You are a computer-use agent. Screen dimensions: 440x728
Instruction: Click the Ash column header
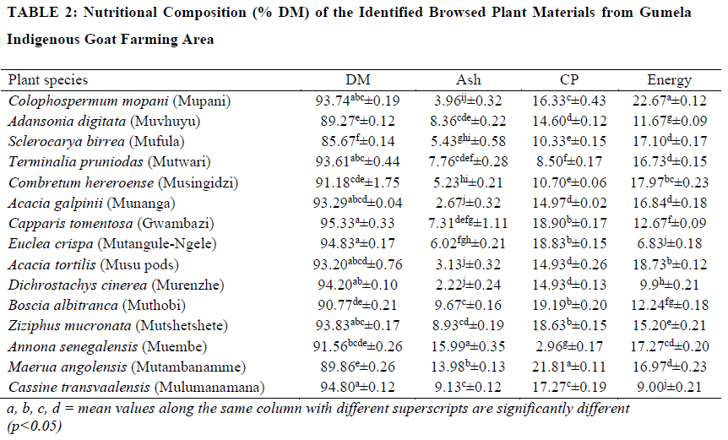(469, 79)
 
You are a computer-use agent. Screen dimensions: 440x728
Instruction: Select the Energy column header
(669, 79)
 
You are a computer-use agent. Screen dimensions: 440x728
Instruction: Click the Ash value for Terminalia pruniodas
(469, 162)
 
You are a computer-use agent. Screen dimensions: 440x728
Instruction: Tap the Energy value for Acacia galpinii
(669, 203)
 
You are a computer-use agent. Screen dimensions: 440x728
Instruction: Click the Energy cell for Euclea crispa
(669, 244)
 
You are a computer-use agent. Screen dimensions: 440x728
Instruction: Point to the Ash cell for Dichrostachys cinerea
(469, 285)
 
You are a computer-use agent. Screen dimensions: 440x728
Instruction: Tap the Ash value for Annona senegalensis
(469, 346)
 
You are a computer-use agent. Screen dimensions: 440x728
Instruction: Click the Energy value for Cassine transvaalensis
(669, 387)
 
